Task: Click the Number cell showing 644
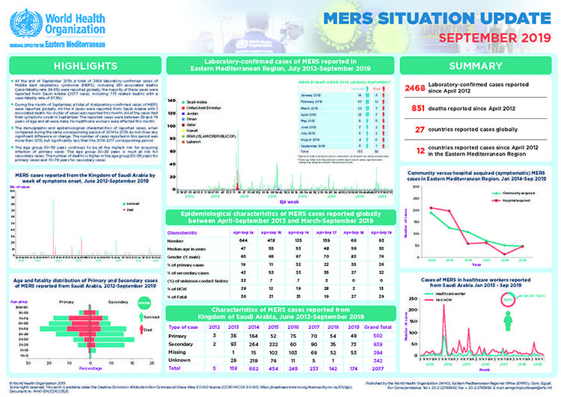pos(232,240)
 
